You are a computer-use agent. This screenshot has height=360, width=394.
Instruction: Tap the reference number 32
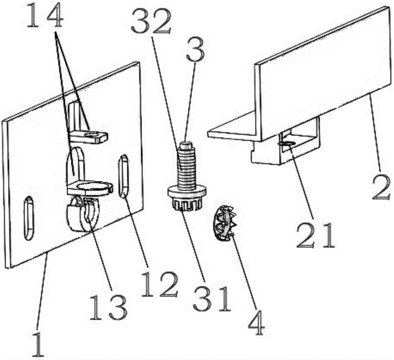[151, 22]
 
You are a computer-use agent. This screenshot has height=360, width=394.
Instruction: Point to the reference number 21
[316, 235]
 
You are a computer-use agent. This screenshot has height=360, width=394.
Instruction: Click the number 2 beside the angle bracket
[381, 188]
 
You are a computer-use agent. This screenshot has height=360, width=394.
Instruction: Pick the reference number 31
[212, 298]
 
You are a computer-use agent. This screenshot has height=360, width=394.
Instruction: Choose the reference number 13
[108, 307]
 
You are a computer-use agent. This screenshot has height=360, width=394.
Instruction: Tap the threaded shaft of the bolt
[186, 168]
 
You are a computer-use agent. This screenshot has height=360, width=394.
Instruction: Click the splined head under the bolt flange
[186, 204]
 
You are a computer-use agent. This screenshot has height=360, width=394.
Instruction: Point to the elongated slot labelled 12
[124, 177]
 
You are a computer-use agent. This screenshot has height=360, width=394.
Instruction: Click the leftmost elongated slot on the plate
[28, 218]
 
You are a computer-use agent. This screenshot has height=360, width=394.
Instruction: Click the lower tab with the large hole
[90, 188]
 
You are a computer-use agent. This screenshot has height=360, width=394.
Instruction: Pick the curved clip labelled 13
[83, 214]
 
